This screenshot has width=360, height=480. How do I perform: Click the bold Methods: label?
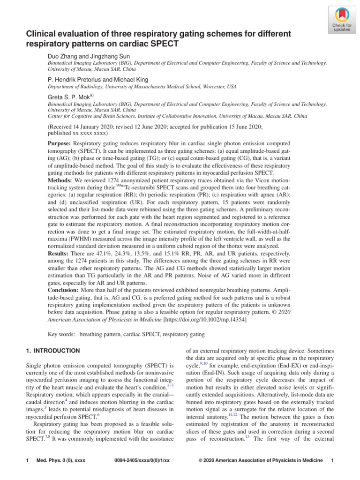click(x=61, y=181)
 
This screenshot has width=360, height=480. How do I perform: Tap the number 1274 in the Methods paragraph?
click(x=116, y=181)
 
